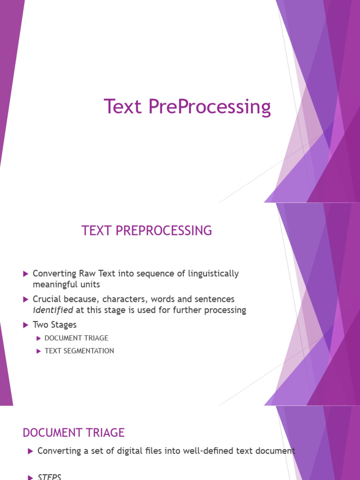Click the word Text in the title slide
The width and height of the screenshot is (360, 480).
pyautogui.click(x=123, y=106)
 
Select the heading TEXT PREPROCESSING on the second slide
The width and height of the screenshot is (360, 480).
pyautogui.click(x=147, y=231)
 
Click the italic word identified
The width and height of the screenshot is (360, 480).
pyautogui.click(x=52, y=310)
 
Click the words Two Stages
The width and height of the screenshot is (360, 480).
pyautogui.click(x=54, y=325)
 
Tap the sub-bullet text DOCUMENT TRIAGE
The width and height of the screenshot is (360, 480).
pyautogui.click(x=76, y=338)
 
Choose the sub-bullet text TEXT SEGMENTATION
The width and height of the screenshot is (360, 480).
pyautogui.click(x=79, y=351)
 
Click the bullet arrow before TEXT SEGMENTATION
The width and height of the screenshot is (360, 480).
pyautogui.click(x=39, y=351)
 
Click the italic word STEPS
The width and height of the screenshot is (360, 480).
pyautogui.click(x=49, y=477)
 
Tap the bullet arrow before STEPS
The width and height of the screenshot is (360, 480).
pyautogui.click(x=30, y=477)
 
